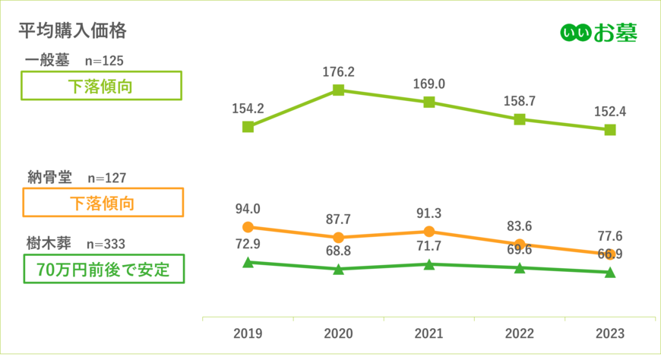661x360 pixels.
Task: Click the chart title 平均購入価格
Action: coord(72,31)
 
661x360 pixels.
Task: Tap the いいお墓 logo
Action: coord(598,32)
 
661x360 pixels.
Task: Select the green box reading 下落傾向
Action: coord(101,86)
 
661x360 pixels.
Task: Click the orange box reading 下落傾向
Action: coord(103,203)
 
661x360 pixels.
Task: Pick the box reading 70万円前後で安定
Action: coord(103,268)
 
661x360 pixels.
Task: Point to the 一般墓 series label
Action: coord(47,60)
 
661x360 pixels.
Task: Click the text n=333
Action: coord(106,244)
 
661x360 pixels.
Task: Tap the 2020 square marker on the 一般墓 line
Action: coord(339,90)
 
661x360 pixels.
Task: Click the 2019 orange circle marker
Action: coord(247,227)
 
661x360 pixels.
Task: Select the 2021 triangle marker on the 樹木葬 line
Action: coord(429,264)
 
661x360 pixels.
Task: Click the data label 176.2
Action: coord(339,72)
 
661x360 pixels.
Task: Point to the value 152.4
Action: coord(610,112)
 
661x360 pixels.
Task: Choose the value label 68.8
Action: coord(339,250)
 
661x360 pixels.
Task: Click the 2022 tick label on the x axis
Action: coord(520,334)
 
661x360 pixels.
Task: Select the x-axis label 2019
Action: coord(247,334)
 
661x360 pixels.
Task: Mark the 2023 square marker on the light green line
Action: coord(610,130)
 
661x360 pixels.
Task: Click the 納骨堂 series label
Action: coord(48,177)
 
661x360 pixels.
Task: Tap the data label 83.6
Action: coord(520,226)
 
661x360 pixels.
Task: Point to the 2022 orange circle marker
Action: coord(520,244)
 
